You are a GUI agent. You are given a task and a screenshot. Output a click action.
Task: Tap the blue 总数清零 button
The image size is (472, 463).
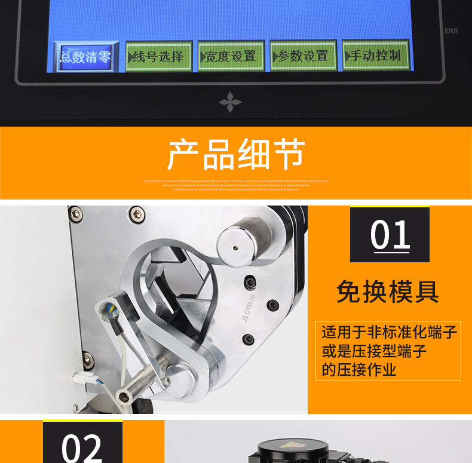(x=85, y=57)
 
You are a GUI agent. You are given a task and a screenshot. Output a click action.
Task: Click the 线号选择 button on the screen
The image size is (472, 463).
(x=158, y=57)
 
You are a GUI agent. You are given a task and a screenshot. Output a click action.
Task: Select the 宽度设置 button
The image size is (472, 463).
(x=231, y=57)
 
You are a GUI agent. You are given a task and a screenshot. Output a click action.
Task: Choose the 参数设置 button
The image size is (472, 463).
(x=303, y=56)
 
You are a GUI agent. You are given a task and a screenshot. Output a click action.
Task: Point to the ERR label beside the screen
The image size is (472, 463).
(x=451, y=31)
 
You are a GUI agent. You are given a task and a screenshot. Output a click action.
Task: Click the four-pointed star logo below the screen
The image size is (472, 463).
(x=230, y=102)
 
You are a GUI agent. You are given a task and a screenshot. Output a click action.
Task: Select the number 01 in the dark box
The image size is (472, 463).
(x=390, y=235)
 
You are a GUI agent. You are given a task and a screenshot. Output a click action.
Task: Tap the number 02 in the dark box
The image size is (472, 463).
(x=82, y=446)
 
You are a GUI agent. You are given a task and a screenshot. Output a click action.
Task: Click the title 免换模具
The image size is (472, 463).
(x=388, y=292)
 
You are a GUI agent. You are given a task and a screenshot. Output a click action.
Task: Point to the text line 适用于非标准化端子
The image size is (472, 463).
(x=389, y=332)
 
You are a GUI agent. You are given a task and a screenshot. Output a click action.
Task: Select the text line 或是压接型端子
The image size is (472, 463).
(x=374, y=351)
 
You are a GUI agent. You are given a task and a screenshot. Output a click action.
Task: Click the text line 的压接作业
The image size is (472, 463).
(x=358, y=370)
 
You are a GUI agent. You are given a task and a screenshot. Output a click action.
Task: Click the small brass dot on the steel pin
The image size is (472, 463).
(x=236, y=244)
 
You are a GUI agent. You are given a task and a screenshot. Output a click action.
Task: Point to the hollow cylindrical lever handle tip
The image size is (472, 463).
(x=125, y=396)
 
